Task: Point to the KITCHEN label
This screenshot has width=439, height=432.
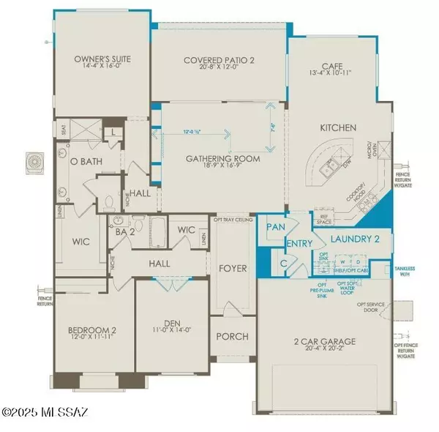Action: tap(337, 127)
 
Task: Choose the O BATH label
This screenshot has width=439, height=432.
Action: tap(81, 160)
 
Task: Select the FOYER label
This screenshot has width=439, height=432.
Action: tap(232, 268)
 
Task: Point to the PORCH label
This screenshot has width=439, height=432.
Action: tap(232, 337)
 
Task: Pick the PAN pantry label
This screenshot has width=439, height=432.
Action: tap(276, 228)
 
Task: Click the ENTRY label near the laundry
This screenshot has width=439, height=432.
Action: tap(300, 244)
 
